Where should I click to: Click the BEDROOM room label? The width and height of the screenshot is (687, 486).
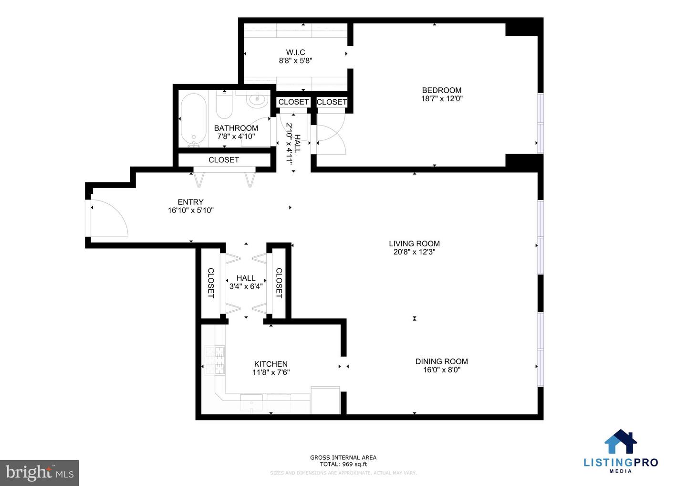pos(441,90)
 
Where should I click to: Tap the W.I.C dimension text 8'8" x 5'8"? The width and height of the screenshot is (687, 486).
pos(295,61)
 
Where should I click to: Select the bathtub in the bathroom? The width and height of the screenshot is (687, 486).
pos(193,119)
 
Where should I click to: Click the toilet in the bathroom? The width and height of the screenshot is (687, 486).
pos(224,105)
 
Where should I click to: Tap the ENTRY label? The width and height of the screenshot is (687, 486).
pos(190,202)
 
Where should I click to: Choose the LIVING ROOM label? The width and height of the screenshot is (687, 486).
pos(414,243)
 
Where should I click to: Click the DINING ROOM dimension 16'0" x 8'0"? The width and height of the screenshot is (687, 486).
pos(441,370)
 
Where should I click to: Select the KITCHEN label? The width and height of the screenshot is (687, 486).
pos(271,364)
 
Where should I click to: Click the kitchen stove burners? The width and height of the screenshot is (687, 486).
pos(214,360)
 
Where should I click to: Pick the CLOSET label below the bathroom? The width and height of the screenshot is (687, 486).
pos(223,160)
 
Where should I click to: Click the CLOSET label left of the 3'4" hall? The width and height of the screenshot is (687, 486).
pos(210,283)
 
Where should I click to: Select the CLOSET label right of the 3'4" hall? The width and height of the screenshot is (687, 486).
pos(279,283)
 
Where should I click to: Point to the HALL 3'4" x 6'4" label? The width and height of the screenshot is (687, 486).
pos(246,282)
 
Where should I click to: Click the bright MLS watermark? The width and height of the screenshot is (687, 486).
pos(40,473)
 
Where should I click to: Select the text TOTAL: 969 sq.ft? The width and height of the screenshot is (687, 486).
pos(343,464)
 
